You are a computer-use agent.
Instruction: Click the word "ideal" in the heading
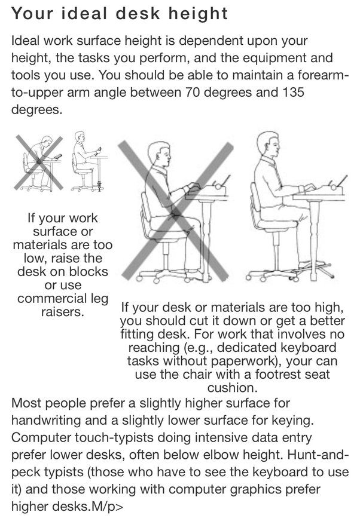point(84,13)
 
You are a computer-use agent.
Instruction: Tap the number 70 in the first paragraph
point(192,92)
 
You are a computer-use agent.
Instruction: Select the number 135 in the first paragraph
point(294,92)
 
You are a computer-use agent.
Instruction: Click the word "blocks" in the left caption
point(87,271)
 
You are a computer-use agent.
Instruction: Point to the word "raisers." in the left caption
point(63,312)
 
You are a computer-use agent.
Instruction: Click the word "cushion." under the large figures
point(232,387)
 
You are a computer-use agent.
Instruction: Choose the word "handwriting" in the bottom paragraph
point(46,420)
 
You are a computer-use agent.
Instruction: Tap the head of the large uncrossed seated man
point(269,145)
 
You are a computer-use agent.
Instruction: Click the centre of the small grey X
point(39,162)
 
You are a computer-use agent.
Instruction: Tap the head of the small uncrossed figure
point(80,137)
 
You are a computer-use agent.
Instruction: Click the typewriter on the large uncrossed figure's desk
point(330,188)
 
